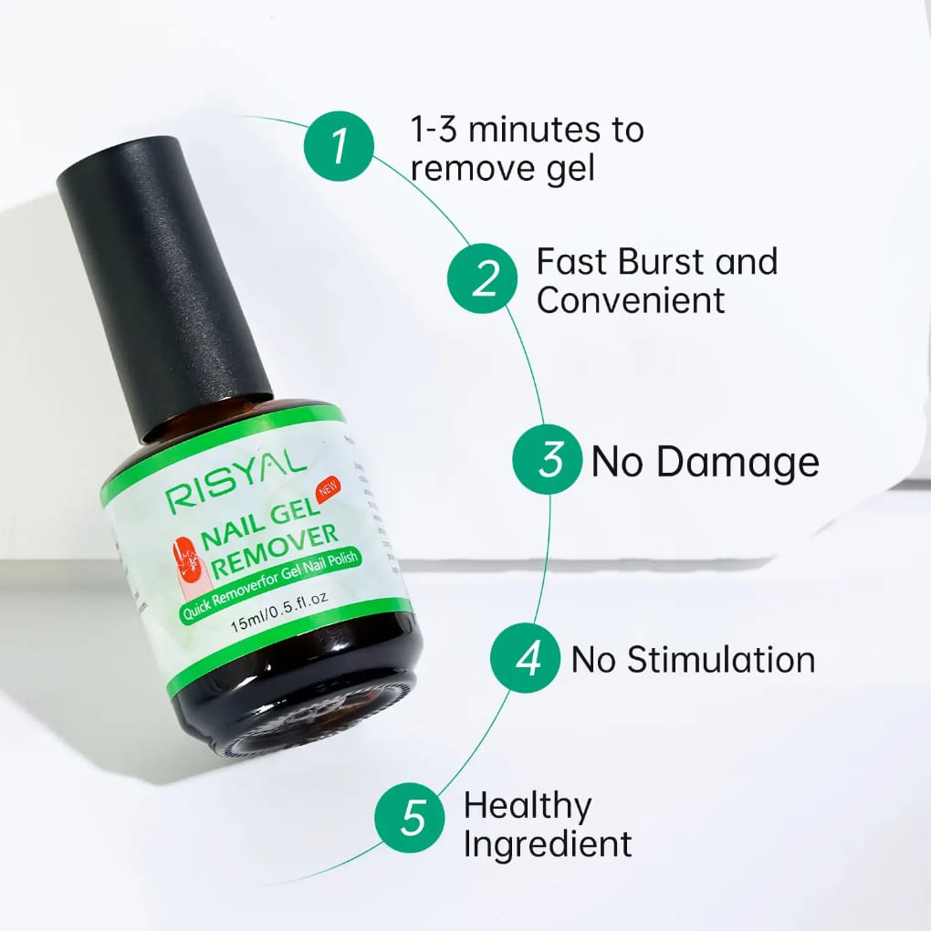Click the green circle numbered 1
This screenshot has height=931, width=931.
pyautogui.click(x=340, y=146)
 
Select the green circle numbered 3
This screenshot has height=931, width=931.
pyautogui.click(x=549, y=460)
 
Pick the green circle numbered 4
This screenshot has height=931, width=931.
pyautogui.click(x=527, y=658)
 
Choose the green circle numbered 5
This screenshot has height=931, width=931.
pyautogui.click(x=413, y=817)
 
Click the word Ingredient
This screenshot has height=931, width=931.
pyautogui.click(x=548, y=844)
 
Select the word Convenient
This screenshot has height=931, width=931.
pyautogui.click(x=631, y=299)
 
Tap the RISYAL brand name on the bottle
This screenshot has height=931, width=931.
pyautogui.click(x=235, y=483)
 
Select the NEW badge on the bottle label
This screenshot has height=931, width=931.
pyautogui.click(x=326, y=487)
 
